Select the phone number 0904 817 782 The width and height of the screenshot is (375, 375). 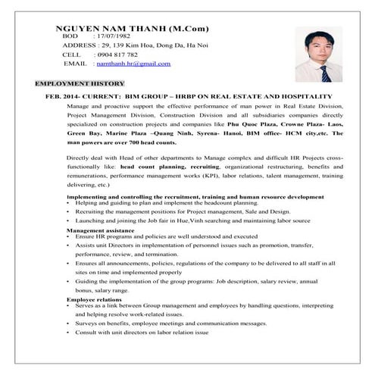(116, 55)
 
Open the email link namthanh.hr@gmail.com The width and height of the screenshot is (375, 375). (134, 64)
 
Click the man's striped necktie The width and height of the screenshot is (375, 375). (323, 73)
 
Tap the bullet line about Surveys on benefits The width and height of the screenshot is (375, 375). (170, 323)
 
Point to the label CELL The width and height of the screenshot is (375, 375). (71, 55)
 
